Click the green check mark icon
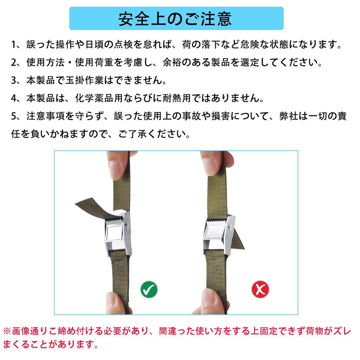coord(149,289)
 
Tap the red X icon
coord(260,289)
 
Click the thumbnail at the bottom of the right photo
coord(208,299)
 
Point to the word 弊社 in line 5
coord(290,117)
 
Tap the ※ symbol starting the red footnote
coord(7,331)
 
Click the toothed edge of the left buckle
coord(115,221)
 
